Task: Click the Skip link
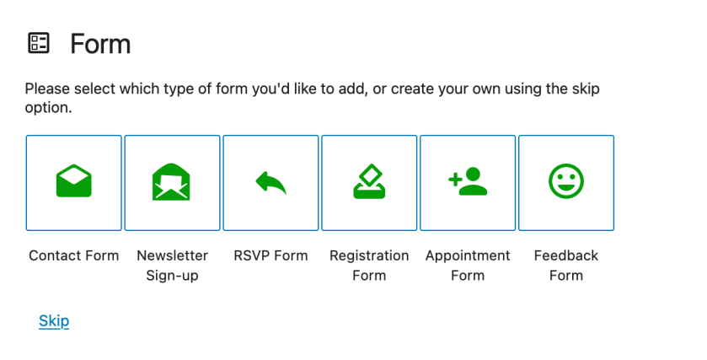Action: (54, 320)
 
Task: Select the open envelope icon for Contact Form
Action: (74, 181)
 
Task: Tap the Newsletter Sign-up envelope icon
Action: (171, 182)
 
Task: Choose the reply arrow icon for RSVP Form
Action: (271, 182)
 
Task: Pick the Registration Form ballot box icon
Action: (369, 181)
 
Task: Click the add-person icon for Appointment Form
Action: (468, 181)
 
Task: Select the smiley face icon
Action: (566, 181)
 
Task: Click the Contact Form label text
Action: (74, 255)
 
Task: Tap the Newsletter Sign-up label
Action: (172, 266)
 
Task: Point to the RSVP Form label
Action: (270, 255)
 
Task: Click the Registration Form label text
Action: (369, 266)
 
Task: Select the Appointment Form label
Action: (468, 266)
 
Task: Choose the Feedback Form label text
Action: (566, 266)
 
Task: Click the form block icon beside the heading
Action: (39, 43)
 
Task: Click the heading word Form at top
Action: (100, 44)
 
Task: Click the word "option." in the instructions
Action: (48, 108)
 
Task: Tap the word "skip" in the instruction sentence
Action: (586, 89)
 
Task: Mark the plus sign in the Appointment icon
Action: (455, 180)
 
